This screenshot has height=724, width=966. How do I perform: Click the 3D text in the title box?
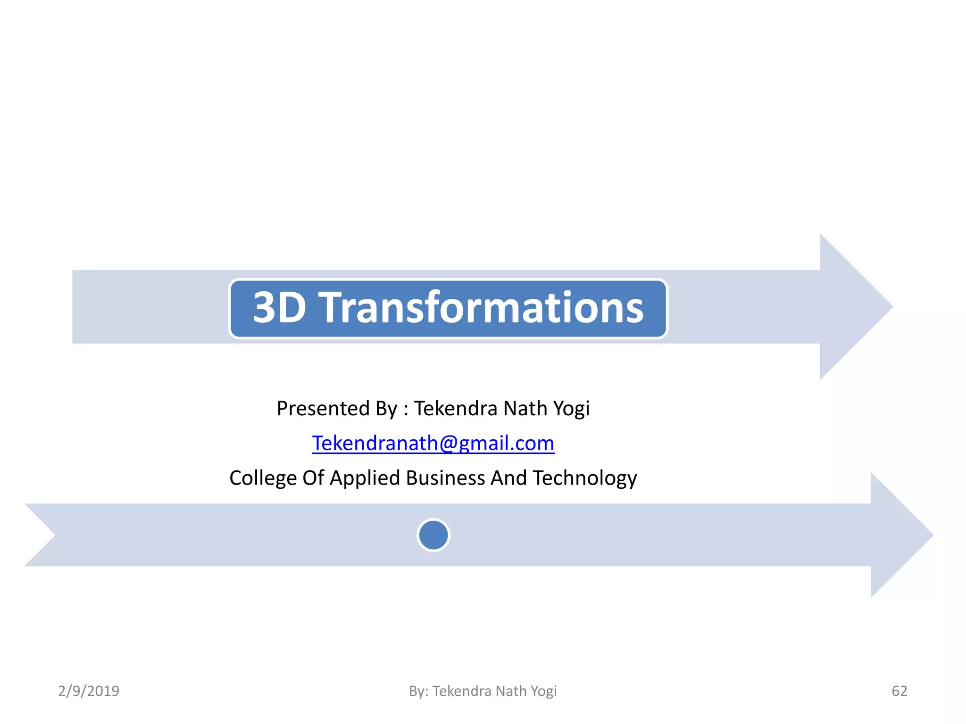coord(279,308)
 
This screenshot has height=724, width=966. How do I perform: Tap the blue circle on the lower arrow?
coord(433,535)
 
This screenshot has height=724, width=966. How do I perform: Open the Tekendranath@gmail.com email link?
coord(433,444)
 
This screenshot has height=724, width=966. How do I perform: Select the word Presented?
coord(323,408)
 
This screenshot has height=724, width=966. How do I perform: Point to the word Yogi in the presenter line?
coord(571,409)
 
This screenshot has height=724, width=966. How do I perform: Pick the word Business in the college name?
coord(445,478)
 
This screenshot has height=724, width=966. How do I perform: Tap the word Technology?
coord(585,478)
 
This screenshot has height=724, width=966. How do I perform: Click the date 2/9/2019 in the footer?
coord(89,691)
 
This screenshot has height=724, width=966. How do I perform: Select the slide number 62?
coord(899,691)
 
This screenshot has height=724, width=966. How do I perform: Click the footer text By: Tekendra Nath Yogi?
coord(483,691)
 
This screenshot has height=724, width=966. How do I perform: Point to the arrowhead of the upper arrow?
coord(854,307)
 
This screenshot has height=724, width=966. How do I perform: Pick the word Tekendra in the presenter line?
coord(455,408)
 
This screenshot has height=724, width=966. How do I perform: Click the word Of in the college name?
coord(313,478)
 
